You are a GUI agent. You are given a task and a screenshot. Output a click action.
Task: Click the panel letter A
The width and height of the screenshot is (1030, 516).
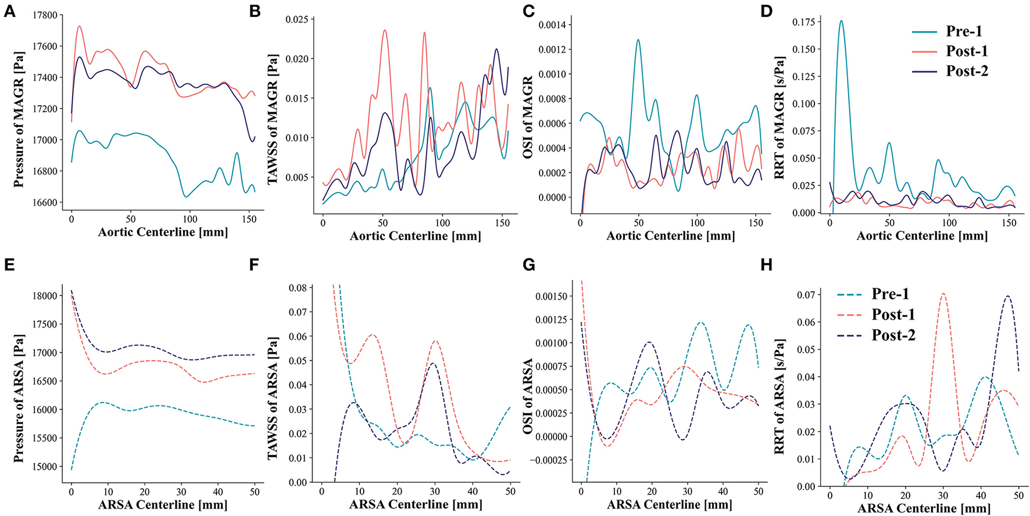(x=9, y=10)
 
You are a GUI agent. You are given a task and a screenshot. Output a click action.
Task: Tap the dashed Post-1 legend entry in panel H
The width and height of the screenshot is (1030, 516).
(x=893, y=314)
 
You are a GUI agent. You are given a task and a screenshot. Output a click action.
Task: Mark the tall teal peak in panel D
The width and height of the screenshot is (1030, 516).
(x=841, y=21)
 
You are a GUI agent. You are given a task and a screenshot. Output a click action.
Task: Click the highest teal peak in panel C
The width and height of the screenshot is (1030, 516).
(x=638, y=40)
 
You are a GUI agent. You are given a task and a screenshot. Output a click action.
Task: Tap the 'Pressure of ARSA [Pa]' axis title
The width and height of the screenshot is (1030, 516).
(x=19, y=382)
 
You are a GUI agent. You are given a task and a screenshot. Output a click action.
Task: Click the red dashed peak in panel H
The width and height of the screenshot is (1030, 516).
(x=943, y=294)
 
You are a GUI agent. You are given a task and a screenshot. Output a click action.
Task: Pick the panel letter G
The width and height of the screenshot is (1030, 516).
(x=529, y=265)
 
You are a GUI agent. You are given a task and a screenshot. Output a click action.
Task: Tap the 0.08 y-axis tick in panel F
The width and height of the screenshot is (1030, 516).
(x=299, y=288)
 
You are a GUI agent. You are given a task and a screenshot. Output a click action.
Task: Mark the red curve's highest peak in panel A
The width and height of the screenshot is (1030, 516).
(x=79, y=26)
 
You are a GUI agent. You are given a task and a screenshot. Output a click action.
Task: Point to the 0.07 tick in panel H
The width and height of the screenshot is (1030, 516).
(x=807, y=295)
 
